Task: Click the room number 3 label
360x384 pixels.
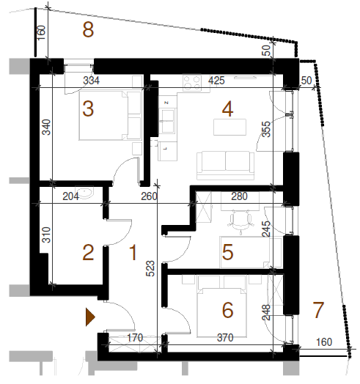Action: pos(88,108)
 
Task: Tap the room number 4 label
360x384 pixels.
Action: pos(227,109)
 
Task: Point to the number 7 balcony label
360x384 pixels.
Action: pos(318,310)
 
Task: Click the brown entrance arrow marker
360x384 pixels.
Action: pos(90,317)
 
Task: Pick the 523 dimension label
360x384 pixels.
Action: pos(150,268)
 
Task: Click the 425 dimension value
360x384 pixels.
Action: pos(216,81)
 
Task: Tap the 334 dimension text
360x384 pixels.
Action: pos(91,81)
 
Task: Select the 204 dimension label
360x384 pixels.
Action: pos(71,196)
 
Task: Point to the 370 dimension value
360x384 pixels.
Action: pos(225,338)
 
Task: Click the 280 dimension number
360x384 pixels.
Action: pos(239,196)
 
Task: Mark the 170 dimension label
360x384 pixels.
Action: pos(135,338)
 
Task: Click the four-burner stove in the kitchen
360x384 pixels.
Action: pos(192,83)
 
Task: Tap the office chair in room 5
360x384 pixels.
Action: pos(240,220)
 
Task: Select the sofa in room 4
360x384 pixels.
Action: pos(226,166)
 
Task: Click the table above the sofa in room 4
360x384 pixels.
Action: pos(229,127)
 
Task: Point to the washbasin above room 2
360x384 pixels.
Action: pos(84,193)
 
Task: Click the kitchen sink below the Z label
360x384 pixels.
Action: pos(168,121)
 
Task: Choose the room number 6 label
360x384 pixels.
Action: pos(227,310)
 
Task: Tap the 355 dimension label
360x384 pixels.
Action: pos(266,129)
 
